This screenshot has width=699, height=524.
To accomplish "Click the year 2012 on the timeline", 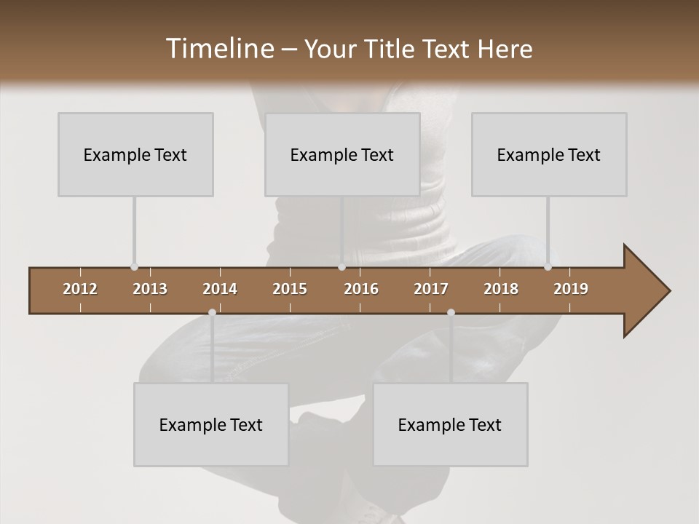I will (80, 289).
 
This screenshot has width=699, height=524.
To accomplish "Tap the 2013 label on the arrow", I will (150, 289).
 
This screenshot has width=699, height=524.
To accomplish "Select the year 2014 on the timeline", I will (220, 289).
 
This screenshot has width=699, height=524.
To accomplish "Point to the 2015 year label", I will (290, 289).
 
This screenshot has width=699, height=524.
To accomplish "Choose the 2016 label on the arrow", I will (361, 289).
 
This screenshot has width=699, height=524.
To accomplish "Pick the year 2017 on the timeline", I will (431, 289).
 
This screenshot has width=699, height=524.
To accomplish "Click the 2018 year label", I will (501, 289).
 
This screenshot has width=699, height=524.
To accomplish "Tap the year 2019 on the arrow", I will (571, 289).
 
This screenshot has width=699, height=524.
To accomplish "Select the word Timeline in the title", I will (218, 49).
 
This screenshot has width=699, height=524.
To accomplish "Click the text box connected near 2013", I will (135, 154).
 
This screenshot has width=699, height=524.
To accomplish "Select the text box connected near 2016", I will (342, 154).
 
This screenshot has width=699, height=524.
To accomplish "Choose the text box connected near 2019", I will (549, 154).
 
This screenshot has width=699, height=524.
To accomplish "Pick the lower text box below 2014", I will (211, 424).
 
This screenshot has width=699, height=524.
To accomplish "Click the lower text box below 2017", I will (450, 424).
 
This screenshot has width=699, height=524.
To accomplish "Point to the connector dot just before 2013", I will (134, 267).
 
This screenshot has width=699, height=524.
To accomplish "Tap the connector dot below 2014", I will (212, 313).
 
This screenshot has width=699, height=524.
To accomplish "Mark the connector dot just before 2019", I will (548, 267).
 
